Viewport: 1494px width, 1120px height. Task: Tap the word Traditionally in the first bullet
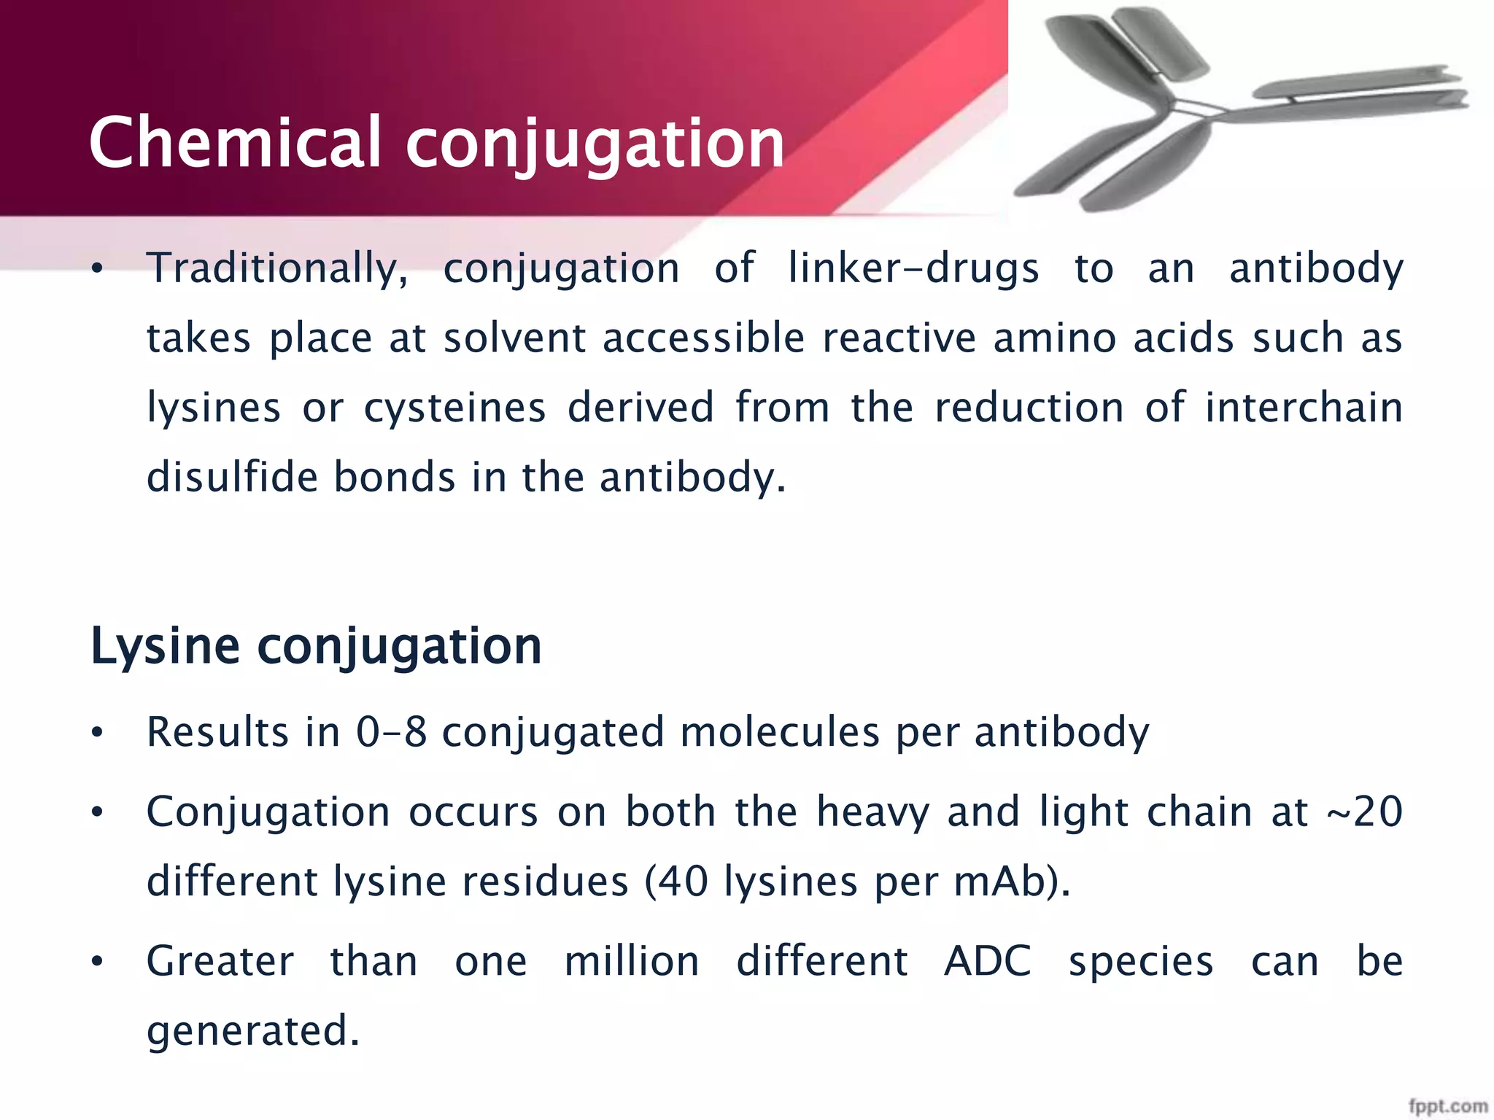pos(277,269)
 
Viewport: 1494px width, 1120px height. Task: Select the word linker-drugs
pos(913,269)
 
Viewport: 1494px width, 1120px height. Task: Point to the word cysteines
pos(454,408)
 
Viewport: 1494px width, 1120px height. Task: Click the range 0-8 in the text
pos(391,732)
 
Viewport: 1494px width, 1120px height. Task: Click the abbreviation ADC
pos(988,961)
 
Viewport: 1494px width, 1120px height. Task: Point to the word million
pos(632,961)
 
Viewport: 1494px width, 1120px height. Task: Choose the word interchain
pos(1304,408)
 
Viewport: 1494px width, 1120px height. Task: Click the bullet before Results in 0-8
pos(98,734)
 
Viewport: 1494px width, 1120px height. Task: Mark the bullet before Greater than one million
pos(98,962)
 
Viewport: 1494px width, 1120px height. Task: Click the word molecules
pos(780,732)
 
